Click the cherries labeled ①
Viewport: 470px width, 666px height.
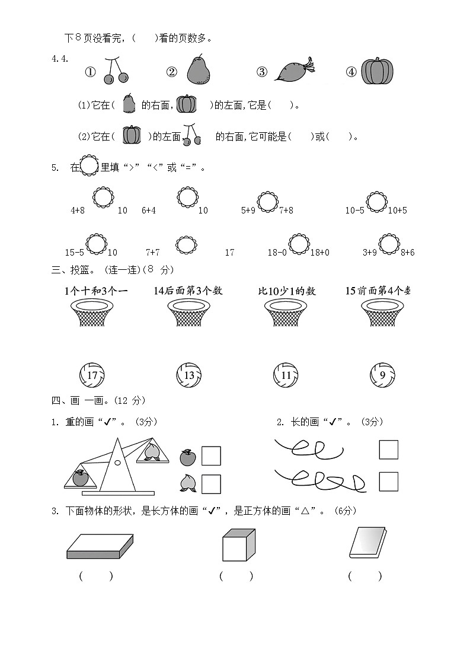point(115,71)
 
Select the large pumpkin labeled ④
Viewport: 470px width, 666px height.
point(378,71)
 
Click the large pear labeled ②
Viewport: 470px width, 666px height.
point(199,70)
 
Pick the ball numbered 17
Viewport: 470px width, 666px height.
point(92,375)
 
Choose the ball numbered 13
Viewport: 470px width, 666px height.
point(189,375)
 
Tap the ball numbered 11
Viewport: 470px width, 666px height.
point(286,375)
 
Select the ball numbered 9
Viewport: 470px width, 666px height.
point(382,375)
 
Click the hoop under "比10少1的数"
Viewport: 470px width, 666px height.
point(286,312)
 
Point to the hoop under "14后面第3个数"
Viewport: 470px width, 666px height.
point(189,312)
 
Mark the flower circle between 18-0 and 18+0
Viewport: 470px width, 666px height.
point(299,244)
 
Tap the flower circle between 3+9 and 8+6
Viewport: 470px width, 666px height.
point(389,244)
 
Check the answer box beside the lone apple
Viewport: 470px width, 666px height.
point(211,456)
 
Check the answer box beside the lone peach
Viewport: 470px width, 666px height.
point(211,484)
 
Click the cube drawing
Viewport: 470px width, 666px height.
point(238,545)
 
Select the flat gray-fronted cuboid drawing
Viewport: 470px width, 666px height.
point(100,546)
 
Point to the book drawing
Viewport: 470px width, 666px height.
point(367,543)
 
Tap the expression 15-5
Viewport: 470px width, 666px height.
point(75,253)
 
